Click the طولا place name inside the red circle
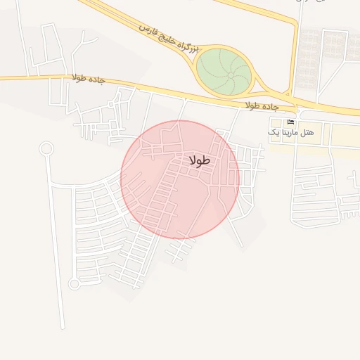(x=200, y=161)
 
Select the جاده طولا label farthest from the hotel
(x=88, y=78)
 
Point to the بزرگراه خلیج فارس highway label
(x=169, y=39)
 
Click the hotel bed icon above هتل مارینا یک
(x=291, y=122)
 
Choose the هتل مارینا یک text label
(x=292, y=132)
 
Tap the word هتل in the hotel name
(x=307, y=132)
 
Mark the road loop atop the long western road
(x=46, y=148)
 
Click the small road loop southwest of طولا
(x=74, y=284)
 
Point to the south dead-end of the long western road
(x=63, y=327)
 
